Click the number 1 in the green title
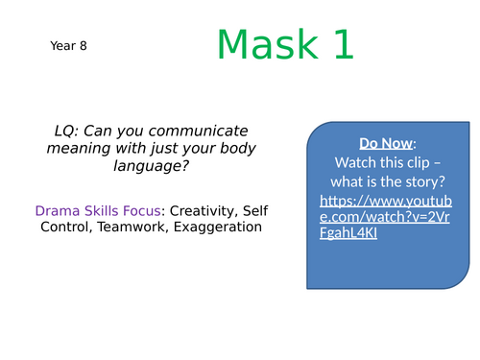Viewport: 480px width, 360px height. pyautogui.click(x=342, y=45)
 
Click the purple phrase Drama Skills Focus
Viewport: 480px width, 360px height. pyautogui.click(x=87, y=209)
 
